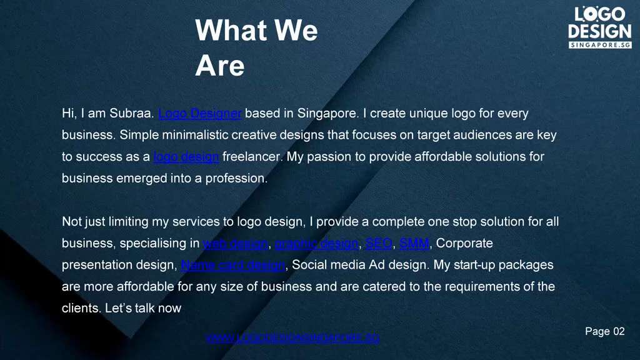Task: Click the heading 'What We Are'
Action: pyautogui.click(x=256, y=47)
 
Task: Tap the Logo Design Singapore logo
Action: pyautogui.click(x=599, y=27)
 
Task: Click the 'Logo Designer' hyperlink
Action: pyautogui.click(x=200, y=114)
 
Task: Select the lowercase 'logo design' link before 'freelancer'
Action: pyautogui.click(x=186, y=157)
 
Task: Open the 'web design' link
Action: pyautogui.click(x=236, y=243)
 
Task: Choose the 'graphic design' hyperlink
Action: pyautogui.click(x=317, y=243)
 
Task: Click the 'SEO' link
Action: pyautogui.click(x=378, y=243)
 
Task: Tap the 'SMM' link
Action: pyautogui.click(x=414, y=243)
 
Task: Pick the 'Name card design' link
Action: pyautogui.click(x=233, y=265)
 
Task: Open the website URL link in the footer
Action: pyautogui.click(x=292, y=338)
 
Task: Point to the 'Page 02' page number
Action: pyautogui.click(x=604, y=332)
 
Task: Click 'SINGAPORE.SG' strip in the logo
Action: pyautogui.click(x=600, y=45)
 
